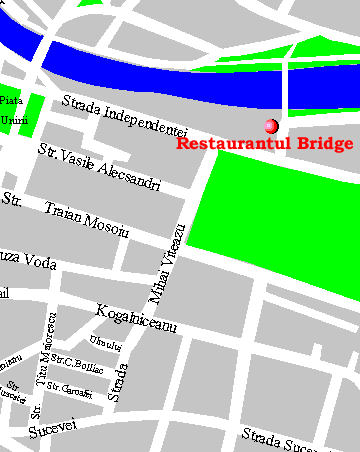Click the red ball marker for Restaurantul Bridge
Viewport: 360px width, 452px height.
(270, 126)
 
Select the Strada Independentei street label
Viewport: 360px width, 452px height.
(124, 116)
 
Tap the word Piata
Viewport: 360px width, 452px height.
(10, 101)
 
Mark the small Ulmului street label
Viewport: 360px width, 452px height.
(105, 344)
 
